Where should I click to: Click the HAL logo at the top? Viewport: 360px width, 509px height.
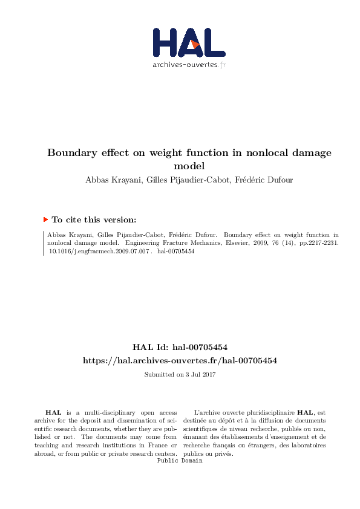(x=189, y=42)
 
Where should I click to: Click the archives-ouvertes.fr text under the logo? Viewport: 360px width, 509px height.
(x=189, y=64)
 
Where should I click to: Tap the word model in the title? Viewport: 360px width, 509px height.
(x=189, y=166)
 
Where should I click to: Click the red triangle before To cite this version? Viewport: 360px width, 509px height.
(x=45, y=220)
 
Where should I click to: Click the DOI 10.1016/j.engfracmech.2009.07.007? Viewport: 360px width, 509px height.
(x=97, y=251)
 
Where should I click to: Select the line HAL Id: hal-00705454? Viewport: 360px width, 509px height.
(x=180, y=347)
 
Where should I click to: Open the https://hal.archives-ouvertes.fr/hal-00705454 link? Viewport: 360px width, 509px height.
(x=180, y=360)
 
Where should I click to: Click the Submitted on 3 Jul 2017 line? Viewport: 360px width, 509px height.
(x=180, y=375)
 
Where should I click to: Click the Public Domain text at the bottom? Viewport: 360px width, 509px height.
(x=180, y=461)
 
